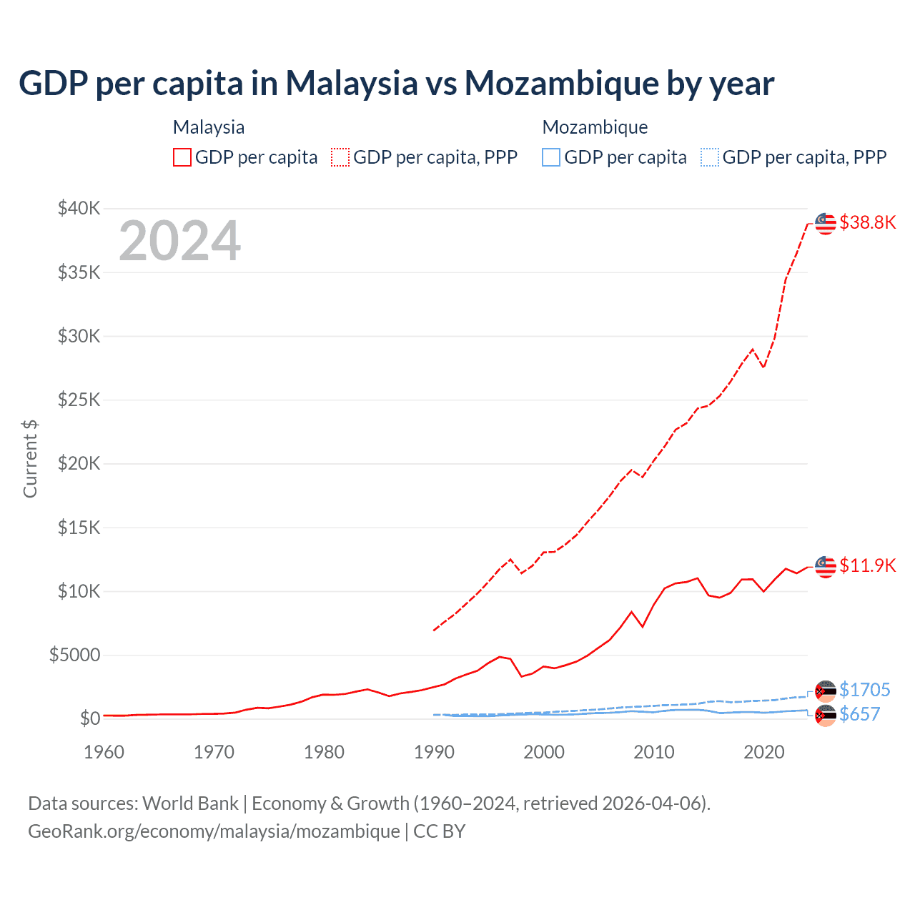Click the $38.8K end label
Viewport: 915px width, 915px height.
click(867, 222)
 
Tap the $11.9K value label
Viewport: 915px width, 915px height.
click(867, 565)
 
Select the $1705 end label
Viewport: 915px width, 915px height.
click(864, 690)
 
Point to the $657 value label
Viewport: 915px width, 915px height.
click(859, 714)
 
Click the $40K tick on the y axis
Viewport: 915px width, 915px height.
click(79, 208)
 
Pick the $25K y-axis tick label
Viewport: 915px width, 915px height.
click(79, 400)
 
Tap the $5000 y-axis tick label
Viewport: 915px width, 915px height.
click(74, 655)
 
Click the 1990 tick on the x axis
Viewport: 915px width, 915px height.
click(434, 752)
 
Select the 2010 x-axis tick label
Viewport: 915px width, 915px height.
click(654, 752)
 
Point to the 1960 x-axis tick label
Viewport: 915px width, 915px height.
click(104, 752)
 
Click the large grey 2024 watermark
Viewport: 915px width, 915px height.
click(179, 241)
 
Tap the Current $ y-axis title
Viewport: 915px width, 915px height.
click(30, 458)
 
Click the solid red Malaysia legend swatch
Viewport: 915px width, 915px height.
click(182, 157)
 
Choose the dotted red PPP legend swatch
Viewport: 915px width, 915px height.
click(340, 157)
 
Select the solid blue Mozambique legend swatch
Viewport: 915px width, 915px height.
click(551, 157)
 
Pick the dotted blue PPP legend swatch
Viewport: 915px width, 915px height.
click(710, 157)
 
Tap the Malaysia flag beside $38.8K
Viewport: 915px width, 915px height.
click(826, 223)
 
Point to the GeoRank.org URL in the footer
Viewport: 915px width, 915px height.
click(214, 831)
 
